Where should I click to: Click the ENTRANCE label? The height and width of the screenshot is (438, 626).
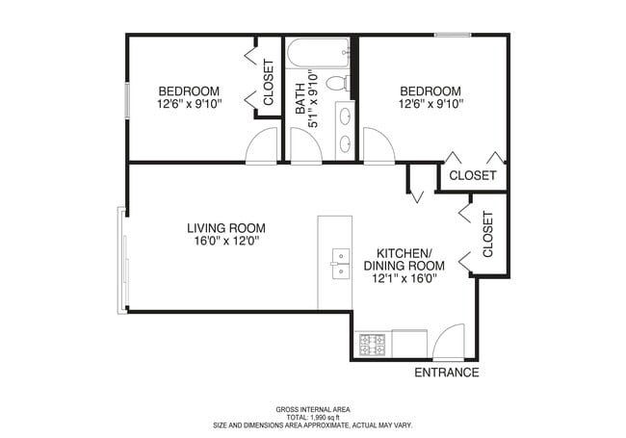446,373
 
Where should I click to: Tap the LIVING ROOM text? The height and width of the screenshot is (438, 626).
225,228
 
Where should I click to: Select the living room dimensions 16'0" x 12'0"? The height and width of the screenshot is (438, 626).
225,242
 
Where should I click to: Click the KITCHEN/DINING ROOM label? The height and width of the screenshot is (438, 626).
404,259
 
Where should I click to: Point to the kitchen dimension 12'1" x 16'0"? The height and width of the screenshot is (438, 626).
405,279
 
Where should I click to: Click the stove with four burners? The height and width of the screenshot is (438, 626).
372,343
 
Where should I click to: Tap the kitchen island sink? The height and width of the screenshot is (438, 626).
340,263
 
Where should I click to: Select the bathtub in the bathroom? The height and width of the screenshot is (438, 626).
319,53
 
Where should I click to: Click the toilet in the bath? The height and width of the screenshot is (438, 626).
336,84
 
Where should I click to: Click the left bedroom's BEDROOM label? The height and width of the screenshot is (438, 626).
189,90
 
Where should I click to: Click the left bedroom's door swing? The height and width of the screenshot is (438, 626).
263,147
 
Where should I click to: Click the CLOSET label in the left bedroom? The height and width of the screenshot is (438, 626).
269,82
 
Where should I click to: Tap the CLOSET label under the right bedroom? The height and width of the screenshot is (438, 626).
473,176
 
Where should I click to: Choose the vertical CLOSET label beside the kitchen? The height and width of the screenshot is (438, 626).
488,233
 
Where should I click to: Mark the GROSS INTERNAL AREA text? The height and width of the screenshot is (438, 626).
313,409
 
